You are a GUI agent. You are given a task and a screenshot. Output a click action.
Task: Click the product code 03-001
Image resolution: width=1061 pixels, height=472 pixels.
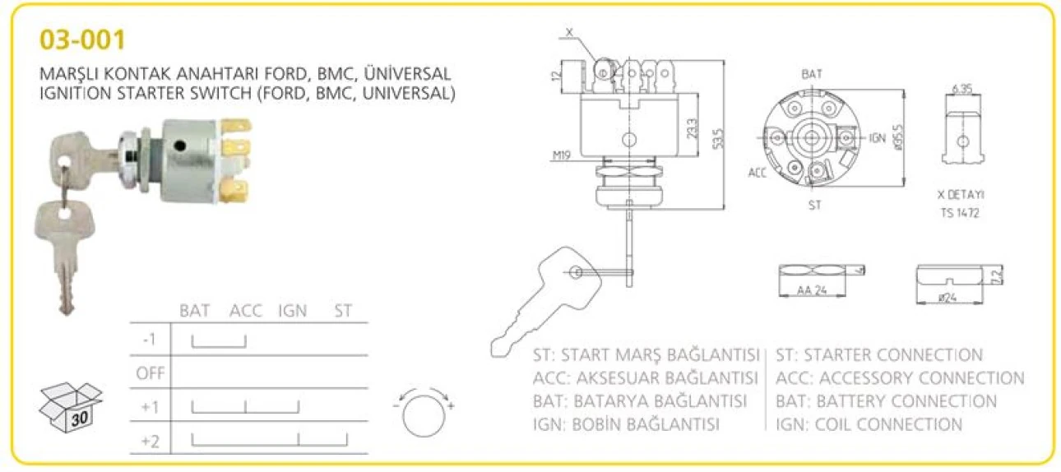82,40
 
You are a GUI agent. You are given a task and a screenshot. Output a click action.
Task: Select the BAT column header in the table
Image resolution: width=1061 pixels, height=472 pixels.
194,311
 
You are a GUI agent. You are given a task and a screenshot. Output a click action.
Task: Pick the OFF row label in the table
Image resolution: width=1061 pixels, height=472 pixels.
151,373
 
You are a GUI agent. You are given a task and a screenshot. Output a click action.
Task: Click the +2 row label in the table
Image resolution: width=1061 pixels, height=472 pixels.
150,442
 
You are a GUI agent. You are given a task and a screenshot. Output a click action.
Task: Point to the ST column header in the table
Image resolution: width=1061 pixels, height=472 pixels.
343,311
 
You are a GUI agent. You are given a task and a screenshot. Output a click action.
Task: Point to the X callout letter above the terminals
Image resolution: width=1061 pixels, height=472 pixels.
569,32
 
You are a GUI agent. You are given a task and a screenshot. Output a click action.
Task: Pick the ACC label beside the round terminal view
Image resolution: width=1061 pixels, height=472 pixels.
758,174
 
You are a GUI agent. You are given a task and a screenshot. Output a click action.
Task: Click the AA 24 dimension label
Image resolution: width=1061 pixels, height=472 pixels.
812,290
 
